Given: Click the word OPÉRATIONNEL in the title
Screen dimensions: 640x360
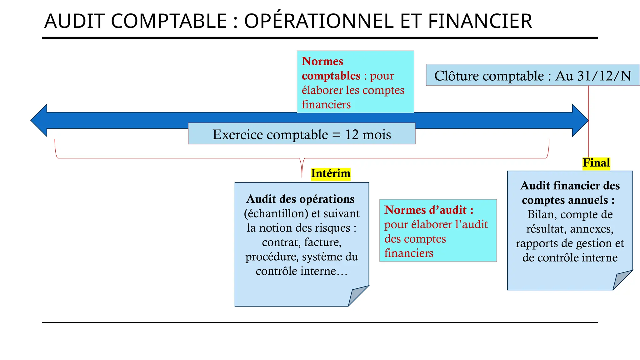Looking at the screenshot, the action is click(319, 21).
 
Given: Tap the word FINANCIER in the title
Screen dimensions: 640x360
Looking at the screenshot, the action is click(480, 21).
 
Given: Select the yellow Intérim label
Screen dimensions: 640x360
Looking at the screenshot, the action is click(331, 173).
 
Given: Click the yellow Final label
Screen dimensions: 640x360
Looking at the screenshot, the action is click(596, 163).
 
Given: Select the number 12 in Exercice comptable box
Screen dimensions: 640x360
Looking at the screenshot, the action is click(352, 135).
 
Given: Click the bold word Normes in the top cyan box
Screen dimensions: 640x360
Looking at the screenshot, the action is click(322, 61).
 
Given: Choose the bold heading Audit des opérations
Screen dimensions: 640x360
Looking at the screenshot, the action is click(300, 199).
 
